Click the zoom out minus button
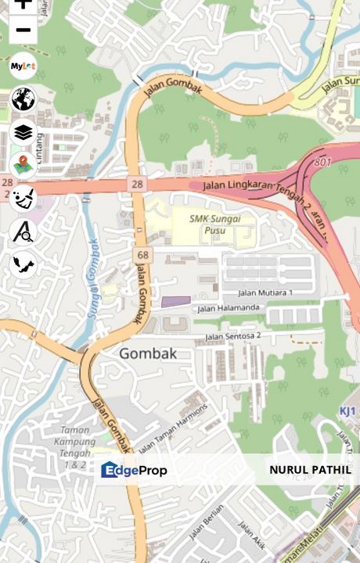click(23, 30)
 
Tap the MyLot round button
click(23, 66)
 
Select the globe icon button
click(23, 99)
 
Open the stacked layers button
click(23, 132)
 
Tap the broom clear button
click(23, 197)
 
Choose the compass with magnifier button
click(23, 231)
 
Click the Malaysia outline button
click(23, 264)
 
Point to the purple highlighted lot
click(175, 301)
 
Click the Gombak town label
click(148, 353)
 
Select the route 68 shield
click(142, 255)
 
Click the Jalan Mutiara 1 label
click(265, 292)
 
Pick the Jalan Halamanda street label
click(228, 308)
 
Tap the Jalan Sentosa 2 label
click(232, 336)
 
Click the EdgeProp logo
click(134, 470)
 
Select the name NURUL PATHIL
click(310, 470)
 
